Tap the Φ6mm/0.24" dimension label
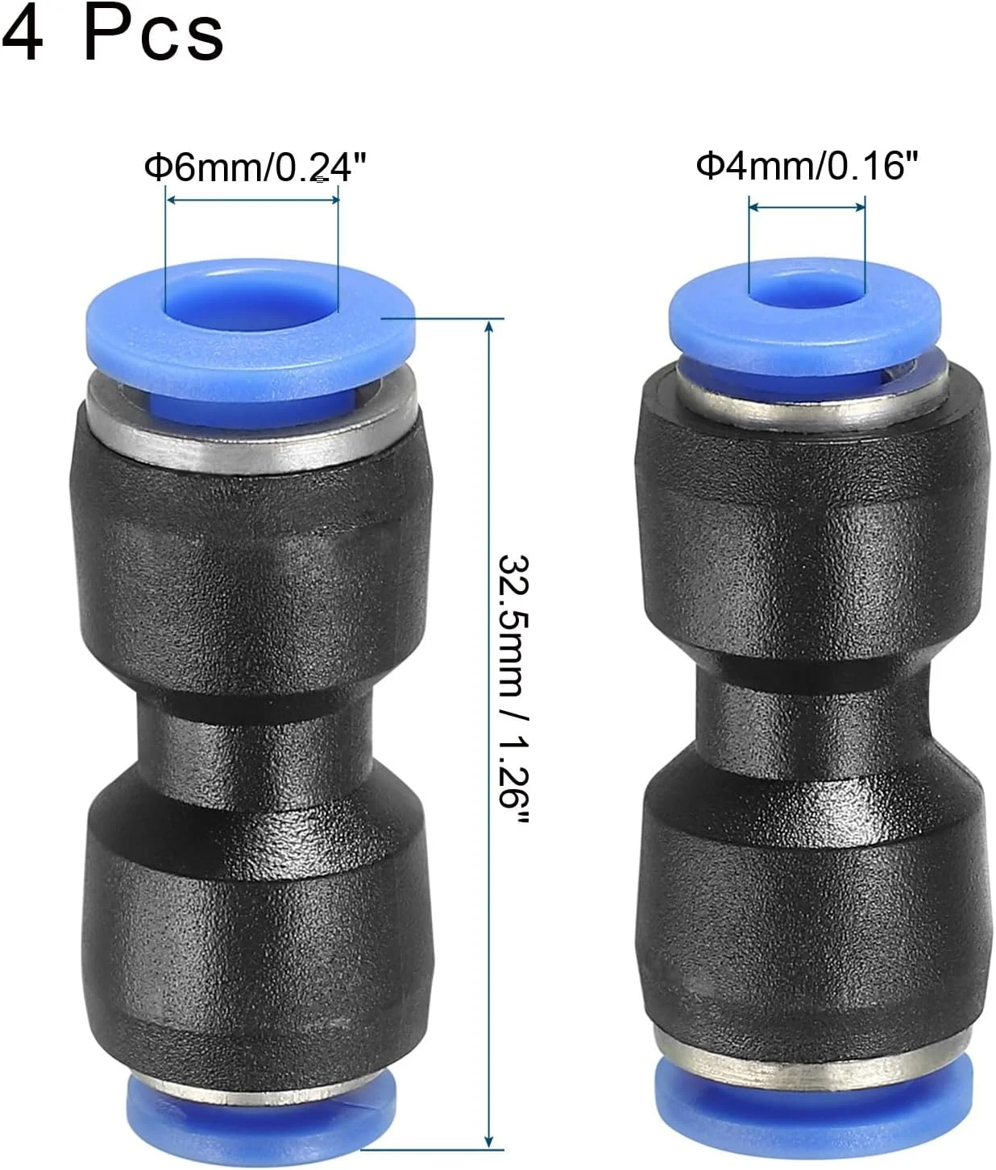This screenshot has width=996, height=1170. click(x=255, y=167)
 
